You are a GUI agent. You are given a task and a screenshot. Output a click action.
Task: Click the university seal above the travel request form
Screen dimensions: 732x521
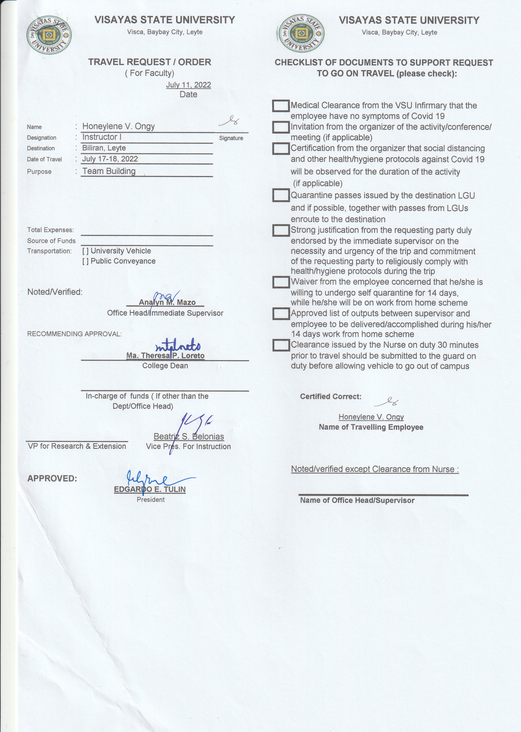49,35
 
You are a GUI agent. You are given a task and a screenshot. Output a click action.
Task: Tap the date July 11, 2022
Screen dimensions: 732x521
188,85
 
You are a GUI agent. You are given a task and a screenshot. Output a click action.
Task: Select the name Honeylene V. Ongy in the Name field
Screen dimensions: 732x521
118,126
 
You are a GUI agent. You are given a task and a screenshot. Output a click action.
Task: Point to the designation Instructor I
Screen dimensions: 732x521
102,137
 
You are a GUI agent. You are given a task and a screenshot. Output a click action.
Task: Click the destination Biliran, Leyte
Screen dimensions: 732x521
104,148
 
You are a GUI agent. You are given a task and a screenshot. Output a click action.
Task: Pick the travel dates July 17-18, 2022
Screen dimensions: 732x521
110,159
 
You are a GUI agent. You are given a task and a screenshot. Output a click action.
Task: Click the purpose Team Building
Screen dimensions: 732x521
109,171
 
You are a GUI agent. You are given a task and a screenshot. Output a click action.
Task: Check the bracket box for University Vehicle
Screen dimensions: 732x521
85,251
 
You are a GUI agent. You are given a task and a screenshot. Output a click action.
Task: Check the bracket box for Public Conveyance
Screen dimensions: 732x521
85,261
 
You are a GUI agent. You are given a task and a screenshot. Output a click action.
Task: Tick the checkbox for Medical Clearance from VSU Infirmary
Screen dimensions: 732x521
281,106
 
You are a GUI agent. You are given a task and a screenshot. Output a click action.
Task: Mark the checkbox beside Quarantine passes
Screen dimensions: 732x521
281,195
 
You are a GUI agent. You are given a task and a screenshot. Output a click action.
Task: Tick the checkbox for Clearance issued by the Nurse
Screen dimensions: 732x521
281,345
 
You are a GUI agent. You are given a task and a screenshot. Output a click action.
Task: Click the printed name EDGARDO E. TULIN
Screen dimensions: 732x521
150,489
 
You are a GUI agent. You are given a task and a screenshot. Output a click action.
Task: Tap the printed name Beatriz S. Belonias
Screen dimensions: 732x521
189,437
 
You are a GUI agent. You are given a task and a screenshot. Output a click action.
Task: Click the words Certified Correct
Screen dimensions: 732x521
330,397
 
